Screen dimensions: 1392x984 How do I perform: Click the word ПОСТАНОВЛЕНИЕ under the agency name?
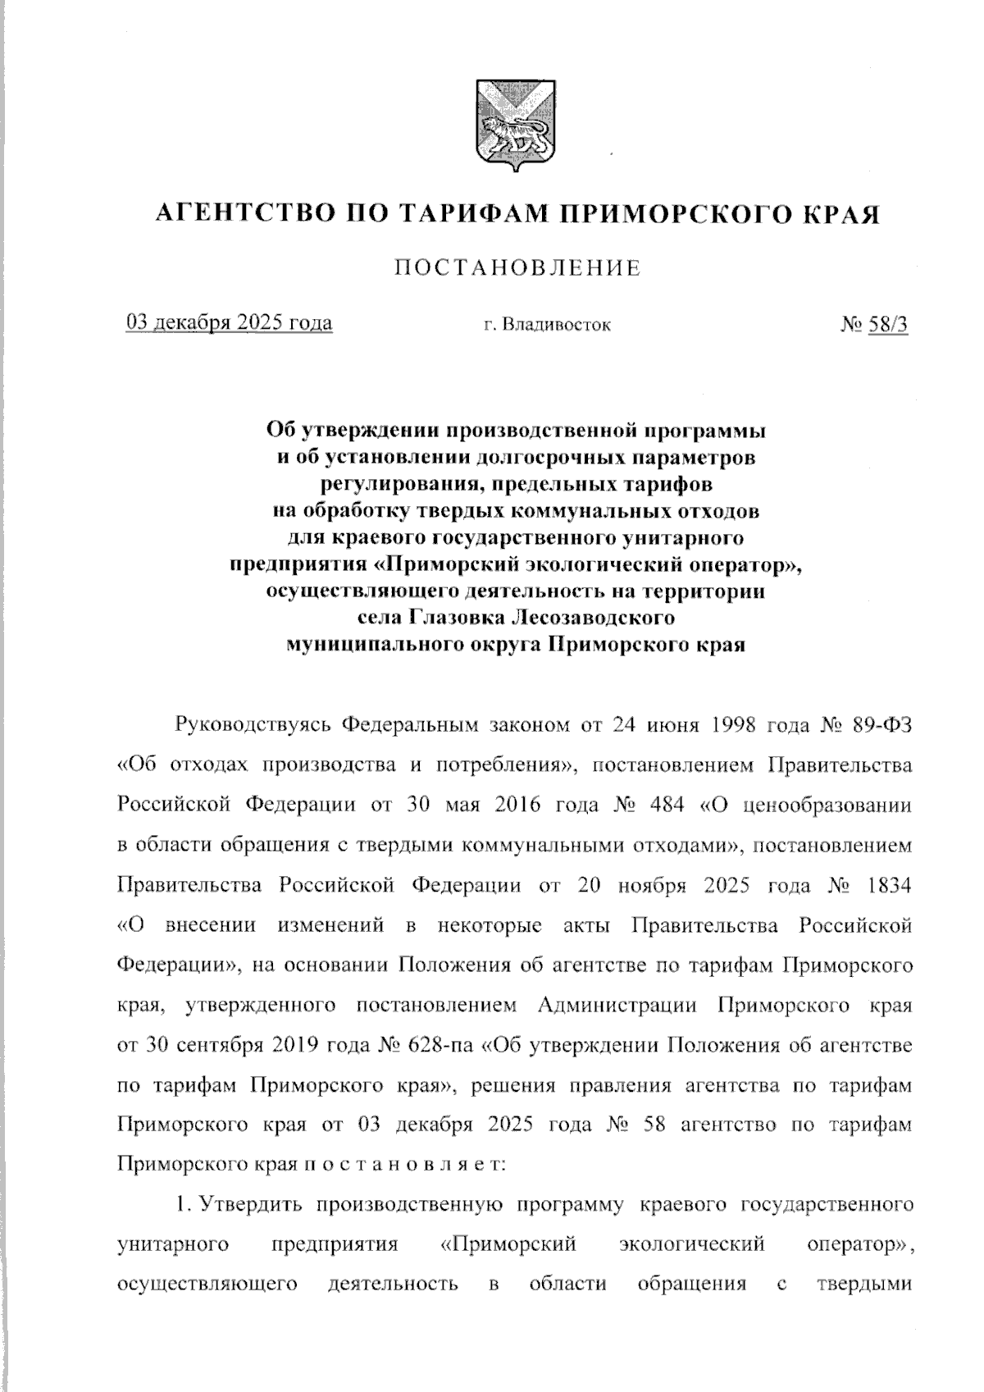click(x=517, y=268)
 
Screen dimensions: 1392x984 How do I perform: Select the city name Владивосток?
click(x=556, y=325)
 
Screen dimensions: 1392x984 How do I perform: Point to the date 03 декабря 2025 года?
click(x=229, y=322)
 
